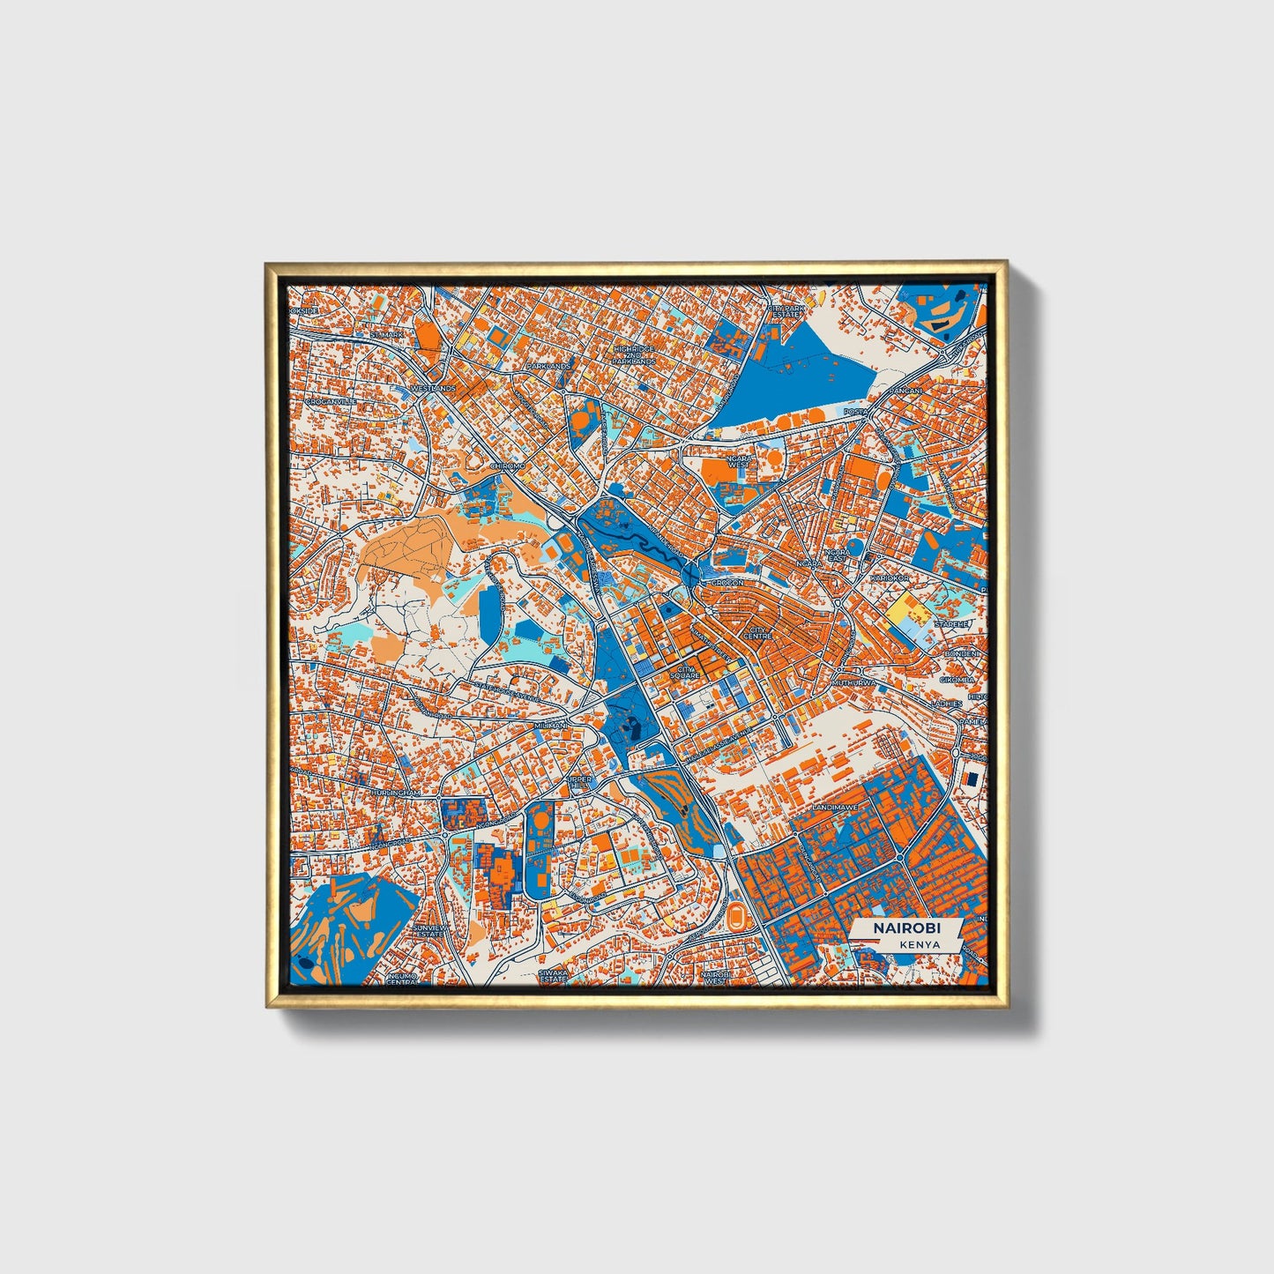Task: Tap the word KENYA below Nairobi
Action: pos(920,944)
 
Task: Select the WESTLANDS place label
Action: pos(433,388)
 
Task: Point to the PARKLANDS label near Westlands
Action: pos(548,365)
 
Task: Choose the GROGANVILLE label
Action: pos(332,400)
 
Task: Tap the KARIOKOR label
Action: pos(889,577)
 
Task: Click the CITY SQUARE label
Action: pos(684,672)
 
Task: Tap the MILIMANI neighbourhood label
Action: pos(553,726)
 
